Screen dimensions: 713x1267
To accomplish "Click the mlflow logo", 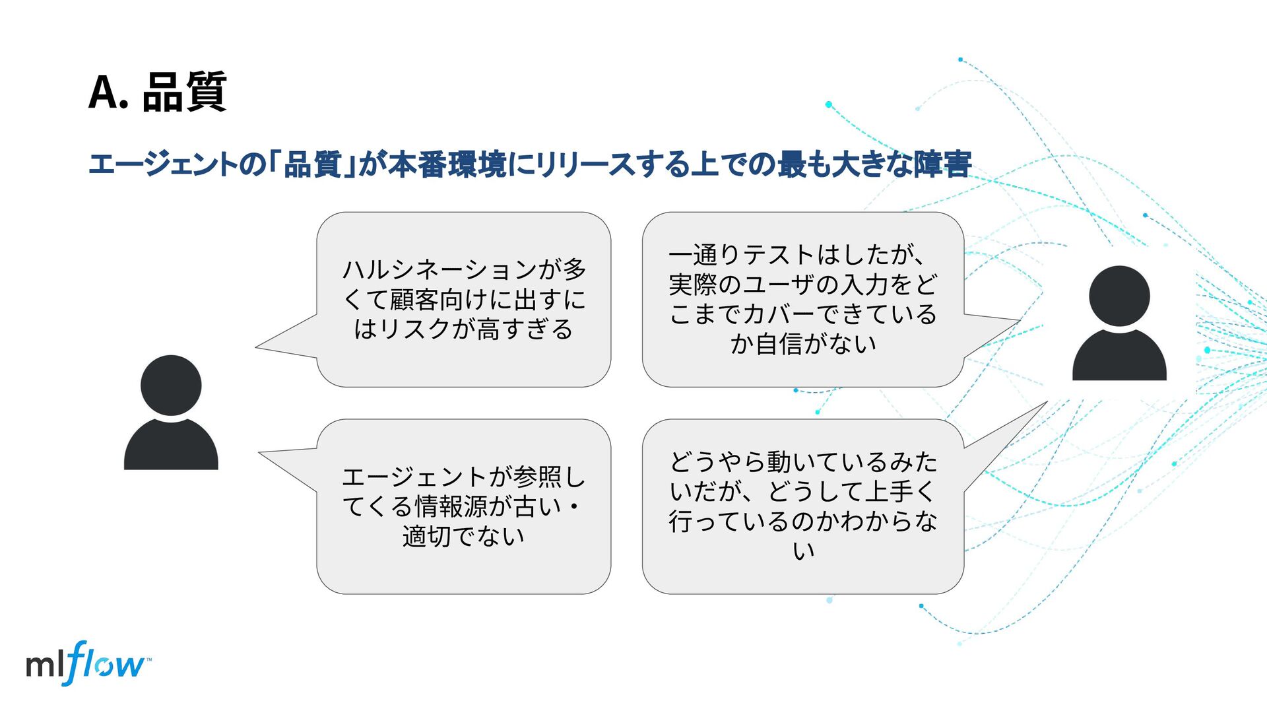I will (x=86, y=663).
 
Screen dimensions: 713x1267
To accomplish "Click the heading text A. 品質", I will (x=158, y=92).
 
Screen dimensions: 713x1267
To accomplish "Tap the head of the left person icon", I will (x=171, y=386).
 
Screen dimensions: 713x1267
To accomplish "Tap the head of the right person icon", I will (x=1119, y=296).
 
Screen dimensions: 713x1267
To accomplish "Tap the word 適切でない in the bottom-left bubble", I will (x=463, y=537).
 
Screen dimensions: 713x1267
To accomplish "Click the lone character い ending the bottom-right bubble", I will (x=803, y=551).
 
